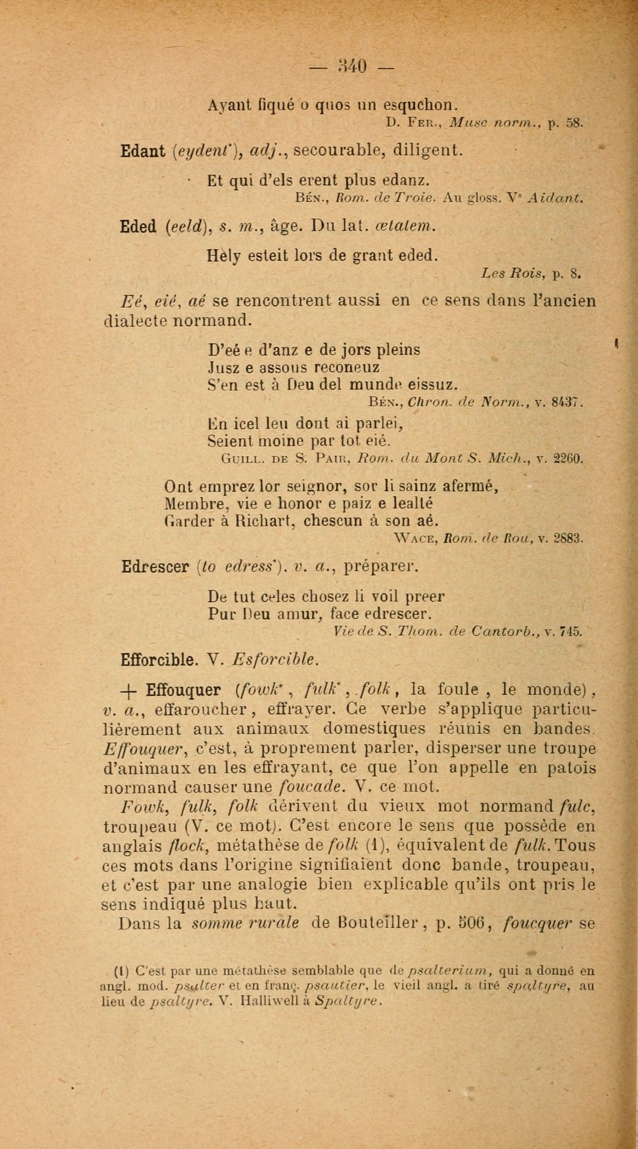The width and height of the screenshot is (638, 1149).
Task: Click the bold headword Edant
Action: coord(143,152)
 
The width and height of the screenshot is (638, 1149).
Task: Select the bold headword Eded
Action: coord(138,228)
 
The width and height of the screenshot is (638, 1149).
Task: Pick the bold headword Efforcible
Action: coord(159,660)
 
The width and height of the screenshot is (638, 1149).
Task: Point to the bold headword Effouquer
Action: coord(183,691)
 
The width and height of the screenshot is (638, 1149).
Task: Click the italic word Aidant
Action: coord(555,198)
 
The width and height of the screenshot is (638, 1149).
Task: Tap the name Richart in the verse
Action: coord(262,521)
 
